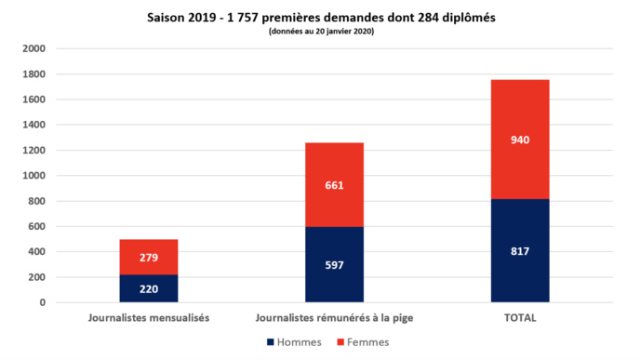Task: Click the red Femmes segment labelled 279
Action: point(149,257)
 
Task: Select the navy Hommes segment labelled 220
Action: point(149,288)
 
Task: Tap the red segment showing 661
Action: point(334,184)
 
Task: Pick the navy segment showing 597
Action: point(334,264)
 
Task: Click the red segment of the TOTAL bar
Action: point(520,139)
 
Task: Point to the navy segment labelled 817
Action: point(520,250)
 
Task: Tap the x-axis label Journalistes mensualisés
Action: point(149,317)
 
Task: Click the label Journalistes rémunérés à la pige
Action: point(334,317)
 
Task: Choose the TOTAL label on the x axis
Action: point(520,317)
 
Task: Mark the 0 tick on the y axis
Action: point(41,302)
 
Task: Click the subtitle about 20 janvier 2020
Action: point(321,32)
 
